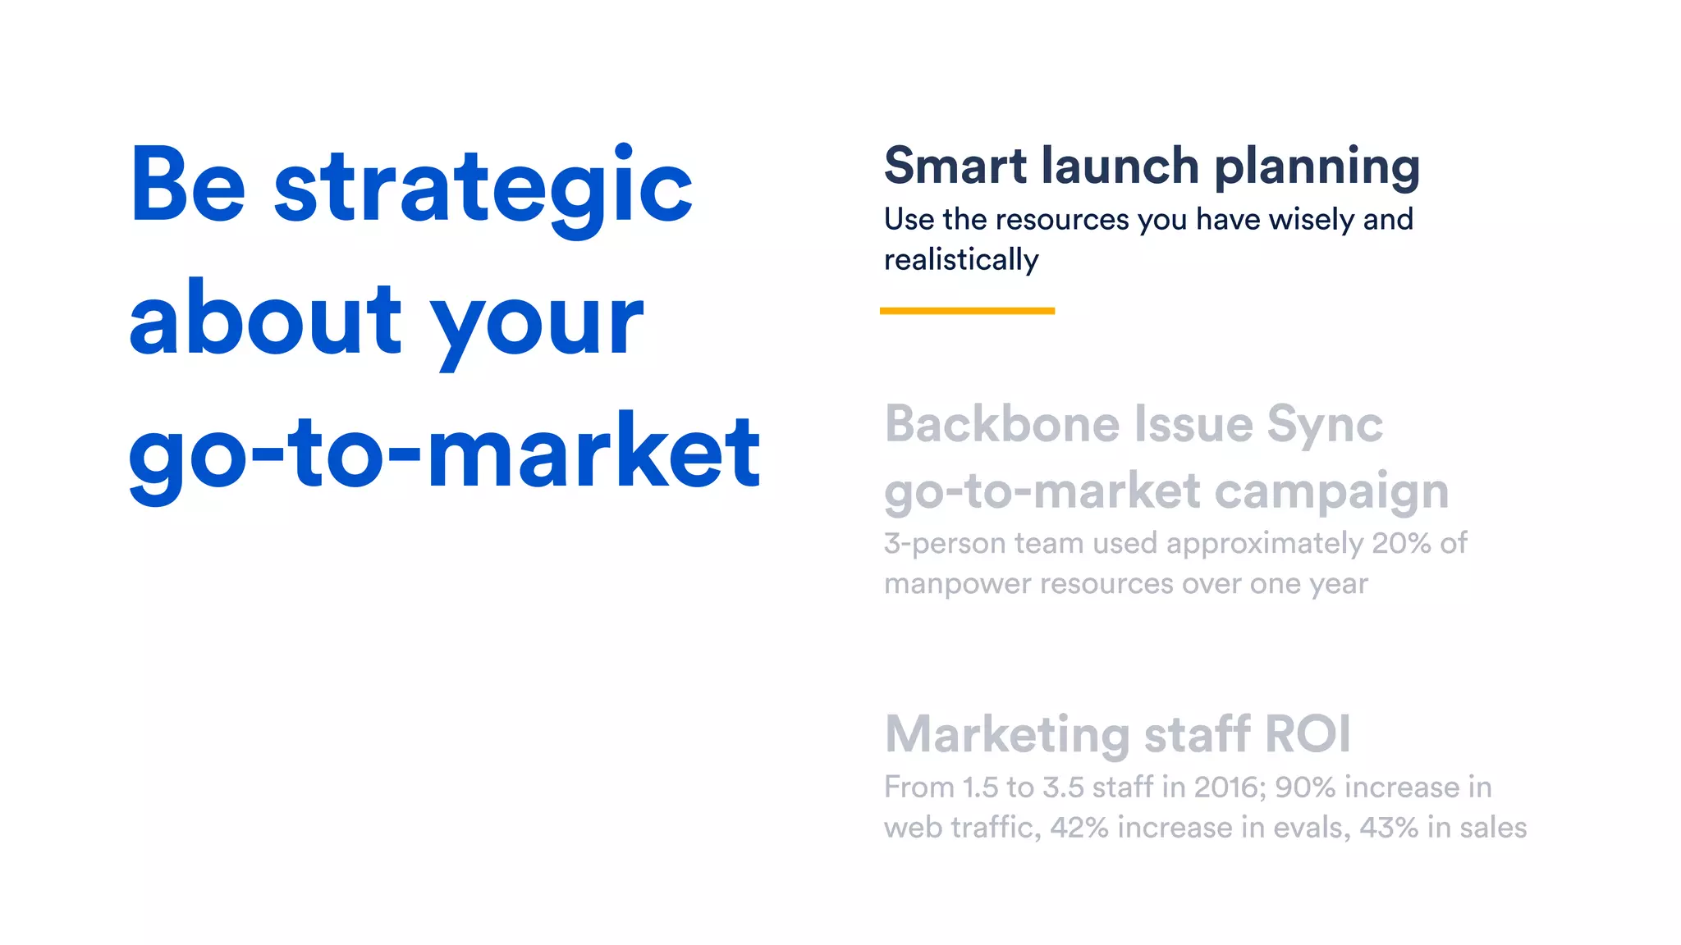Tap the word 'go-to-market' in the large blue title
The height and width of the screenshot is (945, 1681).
click(x=444, y=453)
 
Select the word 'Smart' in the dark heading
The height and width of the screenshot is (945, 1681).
click(x=955, y=167)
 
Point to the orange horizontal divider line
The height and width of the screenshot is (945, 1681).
click(x=967, y=311)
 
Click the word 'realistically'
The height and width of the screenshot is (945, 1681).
click(x=961, y=260)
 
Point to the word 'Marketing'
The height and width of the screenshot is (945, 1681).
click(x=1007, y=735)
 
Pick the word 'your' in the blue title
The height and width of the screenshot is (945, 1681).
click(x=537, y=322)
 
